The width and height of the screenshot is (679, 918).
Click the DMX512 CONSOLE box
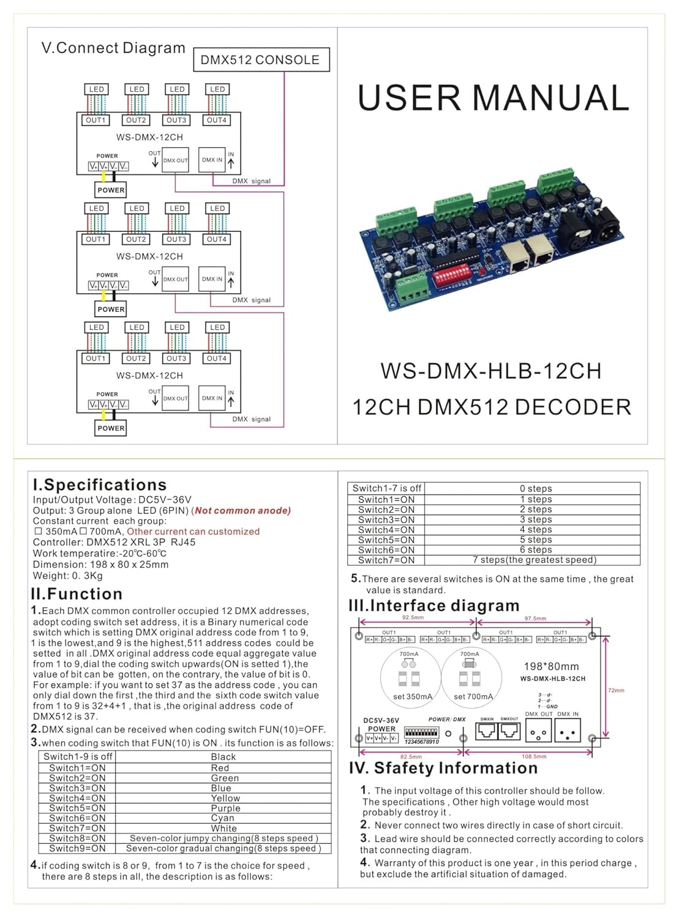click(x=261, y=60)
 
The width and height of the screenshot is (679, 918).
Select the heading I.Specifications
click(x=99, y=485)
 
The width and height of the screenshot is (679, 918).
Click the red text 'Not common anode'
click(x=242, y=510)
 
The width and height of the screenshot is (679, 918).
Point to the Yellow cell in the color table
click(x=225, y=798)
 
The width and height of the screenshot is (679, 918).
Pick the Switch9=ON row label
click(x=77, y=848)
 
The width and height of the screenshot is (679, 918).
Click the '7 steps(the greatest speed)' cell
click(x=534, y=559)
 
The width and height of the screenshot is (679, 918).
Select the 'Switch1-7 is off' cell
click(x=386, y=488)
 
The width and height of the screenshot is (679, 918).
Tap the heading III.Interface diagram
click(x=433, y=605)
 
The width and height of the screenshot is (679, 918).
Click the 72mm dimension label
click(x=616, y=690)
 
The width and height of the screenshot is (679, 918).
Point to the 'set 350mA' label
click(x=412, y=696)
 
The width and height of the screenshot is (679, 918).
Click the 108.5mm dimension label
click(x=534, y=756)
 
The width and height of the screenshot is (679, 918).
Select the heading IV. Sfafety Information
click(x=443, y=768)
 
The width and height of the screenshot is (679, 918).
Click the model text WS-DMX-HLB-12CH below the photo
click(x=491, y=371)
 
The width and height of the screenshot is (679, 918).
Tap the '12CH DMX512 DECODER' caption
click(x=491, y=407)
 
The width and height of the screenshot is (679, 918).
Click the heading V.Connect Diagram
click(x=113, y=48)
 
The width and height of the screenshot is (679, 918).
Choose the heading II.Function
click(x=77, y=594)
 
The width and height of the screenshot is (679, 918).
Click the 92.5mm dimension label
click(x=413, y=618)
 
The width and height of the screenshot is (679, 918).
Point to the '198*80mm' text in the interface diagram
click(x=551, y=666)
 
